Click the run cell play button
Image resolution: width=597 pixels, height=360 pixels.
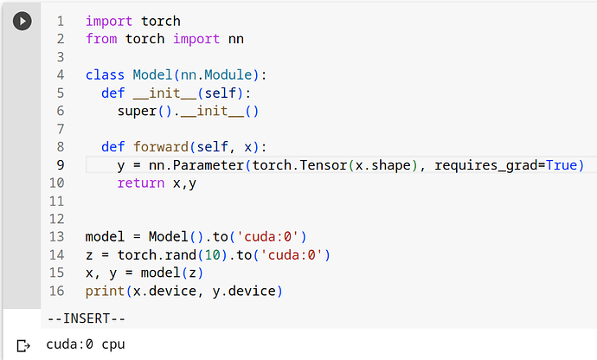[22, 21]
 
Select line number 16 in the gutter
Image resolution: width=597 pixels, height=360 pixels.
[58, 291]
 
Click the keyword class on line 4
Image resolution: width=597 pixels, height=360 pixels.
[105, 74]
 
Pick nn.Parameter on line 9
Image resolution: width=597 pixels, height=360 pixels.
[188, 164]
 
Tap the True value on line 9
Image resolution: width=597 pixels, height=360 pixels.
[569, 164]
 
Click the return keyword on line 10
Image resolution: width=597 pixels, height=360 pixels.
[141, 183]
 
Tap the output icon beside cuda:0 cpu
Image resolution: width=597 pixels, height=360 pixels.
[23, 345]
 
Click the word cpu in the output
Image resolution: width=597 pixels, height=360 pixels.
[113, 345]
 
